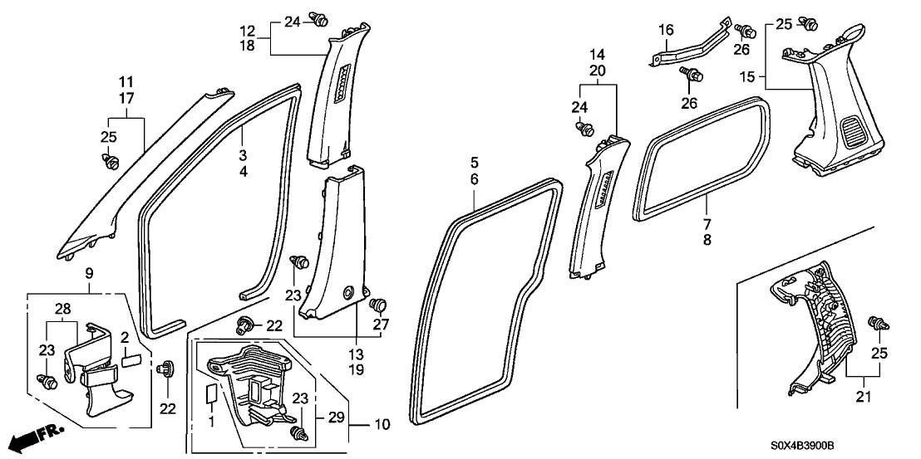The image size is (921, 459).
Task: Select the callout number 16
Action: pyautogui.click(x=666, y=31)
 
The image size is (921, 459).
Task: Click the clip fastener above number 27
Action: pyautogui.click(x=379, y=303)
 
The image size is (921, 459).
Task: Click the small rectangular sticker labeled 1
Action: pyautogui.click(x=210, y=393)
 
